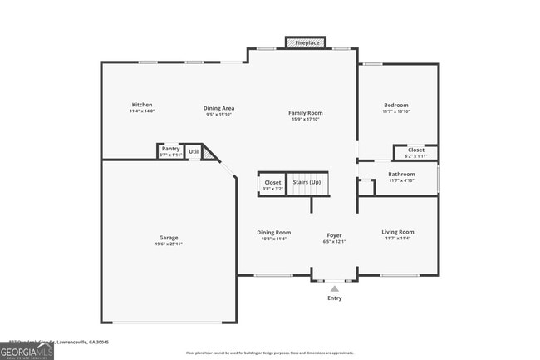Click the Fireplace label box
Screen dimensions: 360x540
coord(307,42)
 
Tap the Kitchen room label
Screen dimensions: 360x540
coord(142,105)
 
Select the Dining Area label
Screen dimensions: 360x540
coord(219,108)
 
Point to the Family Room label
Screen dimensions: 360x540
coord(306,113)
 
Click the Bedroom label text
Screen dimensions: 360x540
coord(395,105)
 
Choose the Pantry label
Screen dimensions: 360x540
coord(170,149)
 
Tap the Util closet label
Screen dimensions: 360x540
coord(194,151)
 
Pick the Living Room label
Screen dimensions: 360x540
coord(397,232)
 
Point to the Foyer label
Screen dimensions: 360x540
coord(333,236)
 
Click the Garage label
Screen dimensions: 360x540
coord(169,238)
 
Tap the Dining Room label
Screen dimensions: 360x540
coord(273,232)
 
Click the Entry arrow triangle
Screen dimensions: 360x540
coord(335,288)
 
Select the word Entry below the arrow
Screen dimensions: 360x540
coord(335,298)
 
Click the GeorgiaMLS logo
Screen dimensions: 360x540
coord(27,350)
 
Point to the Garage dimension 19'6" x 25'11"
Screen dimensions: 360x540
coord(169,244)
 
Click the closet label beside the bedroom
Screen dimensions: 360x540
coord(415,150)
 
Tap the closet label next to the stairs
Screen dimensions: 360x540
coord(272,182)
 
